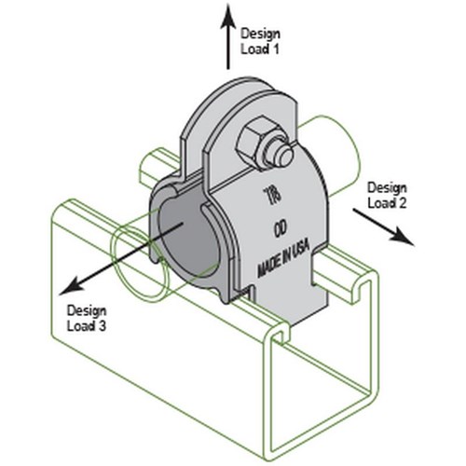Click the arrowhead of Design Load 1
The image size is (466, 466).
point(227,17)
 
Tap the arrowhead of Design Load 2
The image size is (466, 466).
point(402,237)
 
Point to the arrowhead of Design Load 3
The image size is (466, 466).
point(71,286)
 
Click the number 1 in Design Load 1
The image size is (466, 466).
point(274,49)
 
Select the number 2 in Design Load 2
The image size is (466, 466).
point(401,203)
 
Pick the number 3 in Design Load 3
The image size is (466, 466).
point(102,326)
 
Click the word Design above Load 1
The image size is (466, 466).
point(260,34)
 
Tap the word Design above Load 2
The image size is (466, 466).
point(387,188)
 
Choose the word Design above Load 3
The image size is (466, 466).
point(87,310)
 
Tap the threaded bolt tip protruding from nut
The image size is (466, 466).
point(283,156)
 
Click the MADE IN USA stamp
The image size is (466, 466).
point(283,259)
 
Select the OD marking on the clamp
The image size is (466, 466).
point(281,229)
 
